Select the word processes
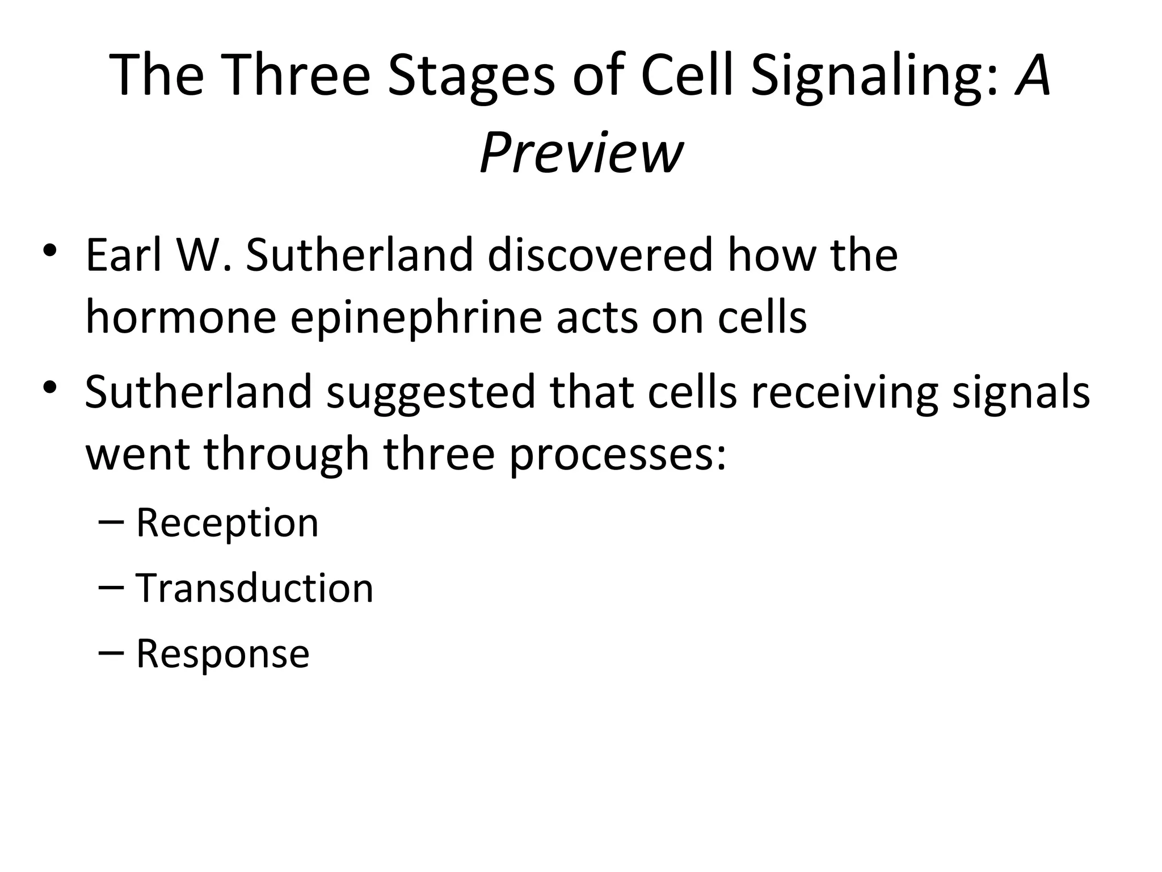click(617, 455)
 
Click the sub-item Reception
click(227, 522)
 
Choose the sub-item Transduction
click(254, 588)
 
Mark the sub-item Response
click(222, 653)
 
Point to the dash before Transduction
click(111, 589)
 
